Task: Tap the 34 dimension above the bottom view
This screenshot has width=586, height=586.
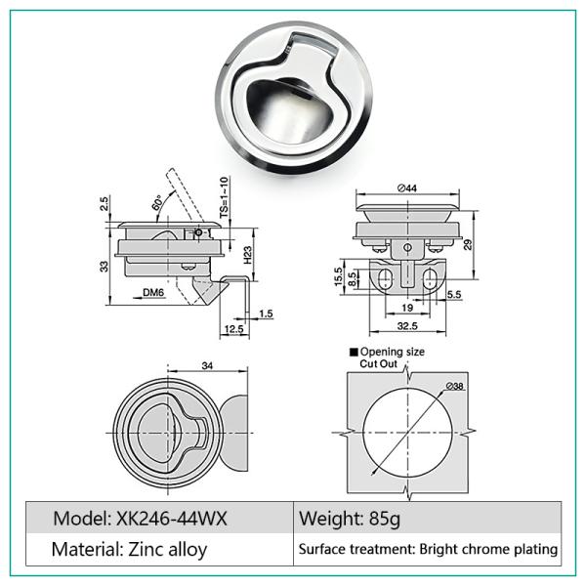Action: tap(206, 366)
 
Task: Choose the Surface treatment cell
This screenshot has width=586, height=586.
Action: tap(428, 550)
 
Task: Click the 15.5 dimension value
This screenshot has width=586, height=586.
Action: tap(338, 277)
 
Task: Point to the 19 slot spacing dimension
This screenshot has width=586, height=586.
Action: tap(405, 308)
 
